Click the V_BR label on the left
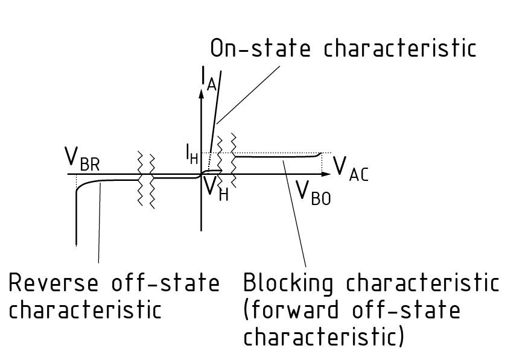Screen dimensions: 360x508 coord(83,159)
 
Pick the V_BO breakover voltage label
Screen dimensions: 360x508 coord(313,192)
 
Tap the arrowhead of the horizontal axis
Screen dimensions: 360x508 coord(327,174)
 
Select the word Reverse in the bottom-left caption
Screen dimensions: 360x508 coord(57,283)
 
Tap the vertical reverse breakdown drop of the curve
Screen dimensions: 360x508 coord(77,217)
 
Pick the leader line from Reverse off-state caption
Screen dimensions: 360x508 coord(99,223)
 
